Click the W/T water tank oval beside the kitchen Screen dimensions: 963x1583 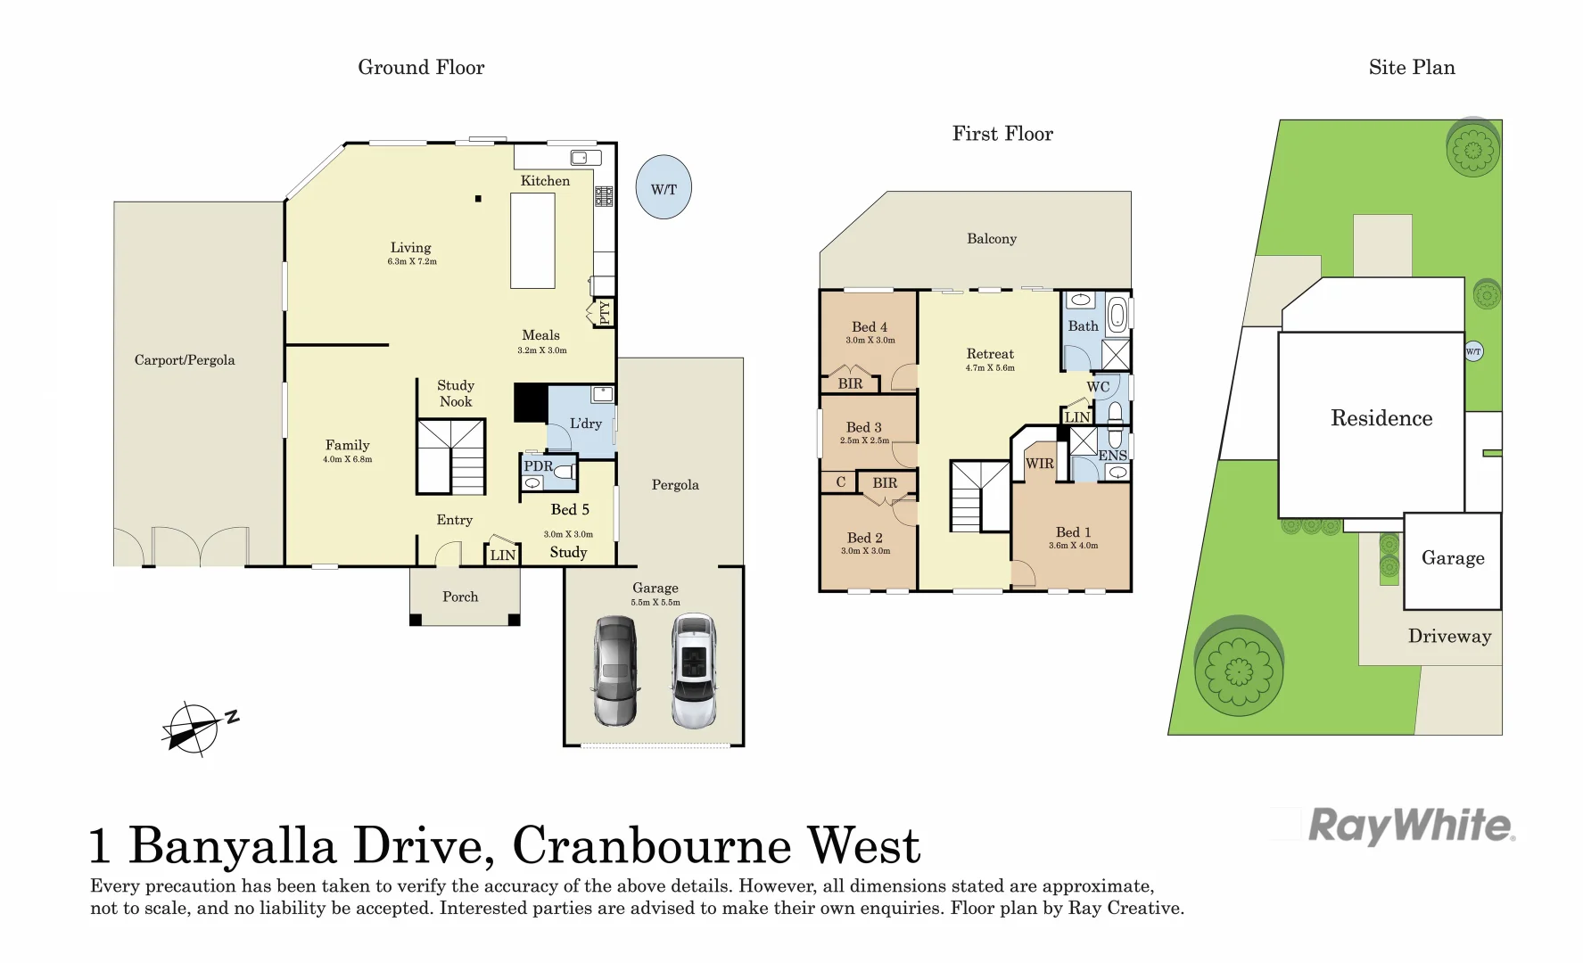pos(664,188)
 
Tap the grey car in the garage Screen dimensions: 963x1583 pos(615,671)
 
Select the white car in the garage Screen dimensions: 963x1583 pos(694,671)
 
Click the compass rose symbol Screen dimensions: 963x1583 pos(193,728)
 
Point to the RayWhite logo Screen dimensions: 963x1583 pos(1411,826)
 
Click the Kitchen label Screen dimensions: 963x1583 pos(545,181)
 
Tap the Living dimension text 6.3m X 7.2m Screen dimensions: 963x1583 pos(412,262)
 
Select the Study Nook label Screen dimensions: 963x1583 pos(456,393)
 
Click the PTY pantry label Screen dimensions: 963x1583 pos(604,312)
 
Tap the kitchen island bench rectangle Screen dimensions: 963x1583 pos(532,241)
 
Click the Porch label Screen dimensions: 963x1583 pos(460,597)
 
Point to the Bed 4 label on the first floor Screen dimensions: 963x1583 pos(870,327)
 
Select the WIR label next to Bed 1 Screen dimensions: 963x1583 pos(1039,464)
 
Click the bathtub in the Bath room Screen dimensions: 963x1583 pos(1117,314)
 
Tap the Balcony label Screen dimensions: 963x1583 pos(992,239)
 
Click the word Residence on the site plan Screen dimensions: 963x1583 pos(1381,418)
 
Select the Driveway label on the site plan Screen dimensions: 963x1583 pos(1449,637)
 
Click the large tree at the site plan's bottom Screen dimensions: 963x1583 pos(1238,670)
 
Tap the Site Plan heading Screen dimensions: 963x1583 pos(1412,68)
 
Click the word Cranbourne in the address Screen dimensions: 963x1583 pos(652,846)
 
